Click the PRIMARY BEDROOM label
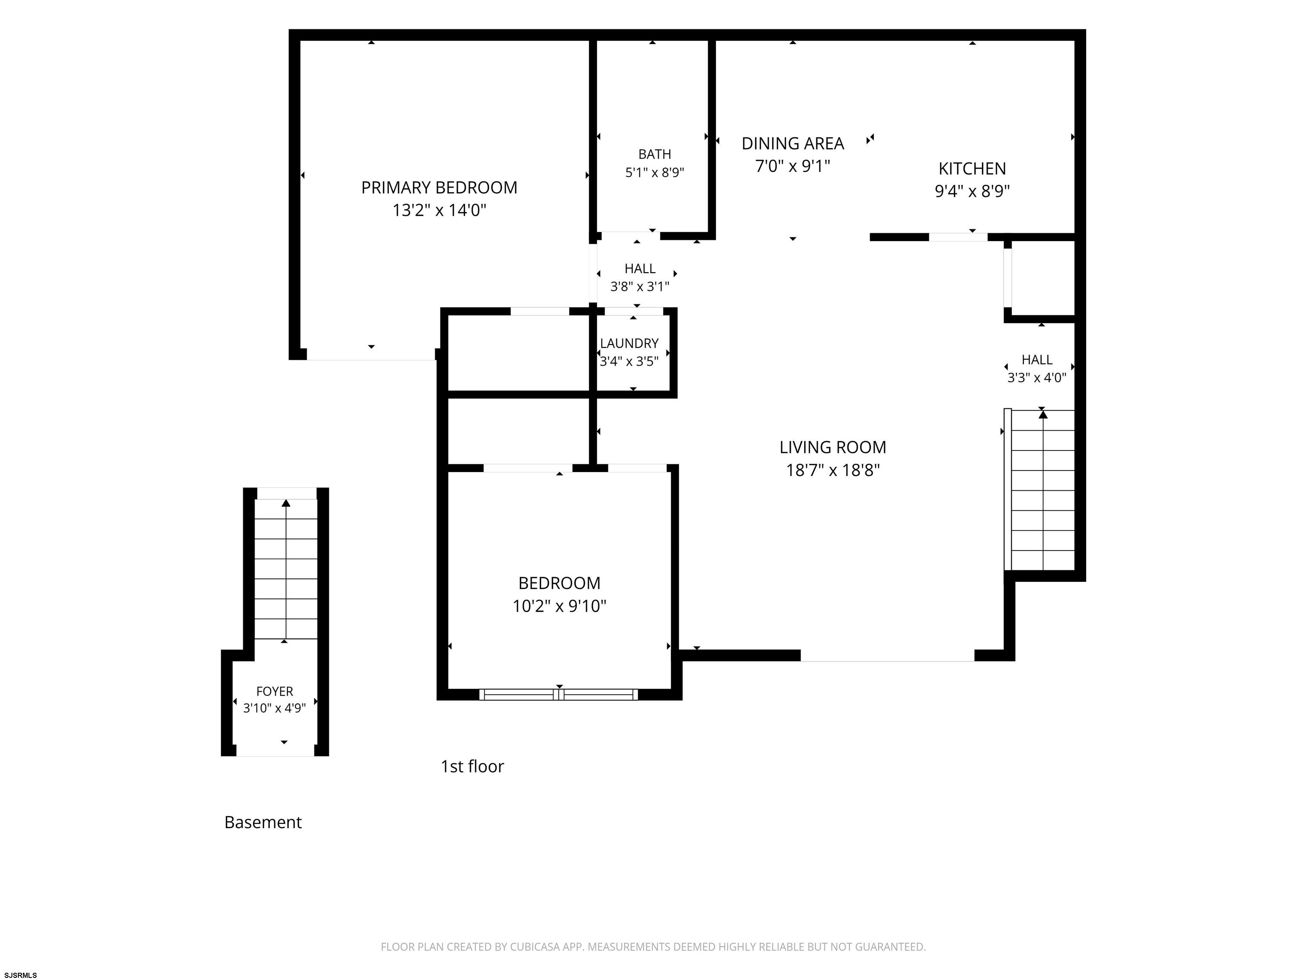[439, 188]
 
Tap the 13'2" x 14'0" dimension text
[439, 210]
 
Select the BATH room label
[655, 154]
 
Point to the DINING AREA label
[792, 143]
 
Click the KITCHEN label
[972, 169]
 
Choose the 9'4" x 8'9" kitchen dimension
[972, 191]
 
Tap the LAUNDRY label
[629, 343]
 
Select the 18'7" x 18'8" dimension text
[833, 470]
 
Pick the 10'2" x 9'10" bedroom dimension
[559, 606]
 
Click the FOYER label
[275, 691]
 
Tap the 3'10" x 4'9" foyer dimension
[275, 708]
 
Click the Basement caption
[263, 822]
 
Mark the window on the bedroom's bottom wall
[559, 695]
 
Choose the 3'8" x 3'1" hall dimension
[640, 287]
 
